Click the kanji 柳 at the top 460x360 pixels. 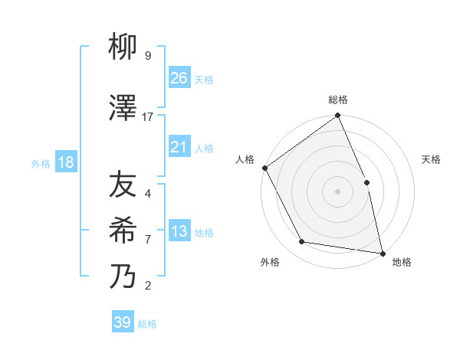click(x=125, y=48)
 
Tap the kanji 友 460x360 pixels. click(x=125, y=185)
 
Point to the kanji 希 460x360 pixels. click(x=125, y=231)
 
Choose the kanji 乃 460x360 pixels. click(x=125, y=277)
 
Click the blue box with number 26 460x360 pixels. click(x=179, y=77)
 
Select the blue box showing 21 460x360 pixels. click(x=179, y=147)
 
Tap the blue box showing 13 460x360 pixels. click(x=179, y=232)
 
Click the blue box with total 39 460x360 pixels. click(x=123, y=322)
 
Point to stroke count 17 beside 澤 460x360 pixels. click(x=148, y=117)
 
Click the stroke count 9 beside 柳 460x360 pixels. click(x=148, y=56)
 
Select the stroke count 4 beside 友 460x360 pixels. click(x=148, y=194)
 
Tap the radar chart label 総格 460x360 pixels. click(x=337, y=100)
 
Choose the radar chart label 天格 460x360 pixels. click(x=431, y=159)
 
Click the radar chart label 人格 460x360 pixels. click(x=245, y=159)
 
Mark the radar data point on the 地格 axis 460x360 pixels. click(x=382, y=252)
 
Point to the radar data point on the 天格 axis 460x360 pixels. click(x=366, y=182)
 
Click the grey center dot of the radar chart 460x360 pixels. click(x=337, y=191)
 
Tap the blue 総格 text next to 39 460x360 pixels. click(x=147, y=324)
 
